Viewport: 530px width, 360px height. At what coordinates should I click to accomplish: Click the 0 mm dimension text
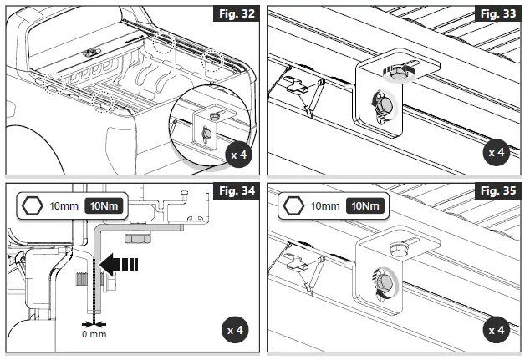(95, 335)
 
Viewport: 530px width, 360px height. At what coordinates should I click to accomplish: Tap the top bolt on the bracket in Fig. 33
(399, 71)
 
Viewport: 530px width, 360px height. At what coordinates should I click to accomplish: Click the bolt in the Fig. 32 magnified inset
(206, 134)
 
